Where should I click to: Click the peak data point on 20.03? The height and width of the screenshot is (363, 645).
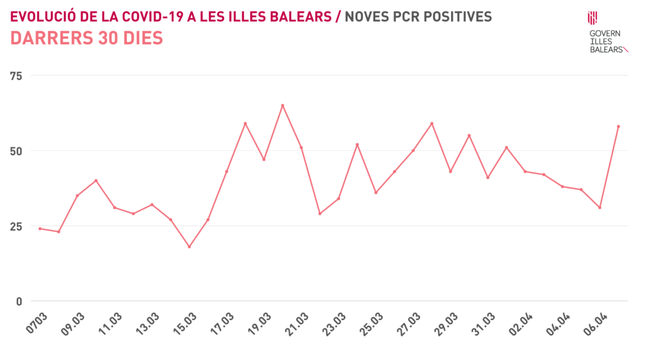(x=282, y=105)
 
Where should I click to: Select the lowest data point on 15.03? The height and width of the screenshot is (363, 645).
(x=189, y=246)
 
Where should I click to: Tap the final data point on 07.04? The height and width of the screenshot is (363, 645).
(x=619, y=126)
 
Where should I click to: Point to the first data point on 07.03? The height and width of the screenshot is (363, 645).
(x=40, y=229)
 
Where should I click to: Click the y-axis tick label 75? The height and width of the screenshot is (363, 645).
(x=16, y=76)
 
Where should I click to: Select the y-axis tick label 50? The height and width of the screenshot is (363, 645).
(x=16, y=151)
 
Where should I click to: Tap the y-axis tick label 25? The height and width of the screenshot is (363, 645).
(x=16, y=226)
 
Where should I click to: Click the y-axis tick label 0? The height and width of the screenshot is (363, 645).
(x=19, y=301)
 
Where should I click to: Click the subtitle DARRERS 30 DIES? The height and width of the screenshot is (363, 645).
(x=87, y=38)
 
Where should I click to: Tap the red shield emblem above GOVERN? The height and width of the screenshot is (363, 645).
(x=592, y=18)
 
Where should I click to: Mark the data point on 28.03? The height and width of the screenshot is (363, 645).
(x=431, y=124)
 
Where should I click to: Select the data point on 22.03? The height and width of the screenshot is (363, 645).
(x=320, y=214)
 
